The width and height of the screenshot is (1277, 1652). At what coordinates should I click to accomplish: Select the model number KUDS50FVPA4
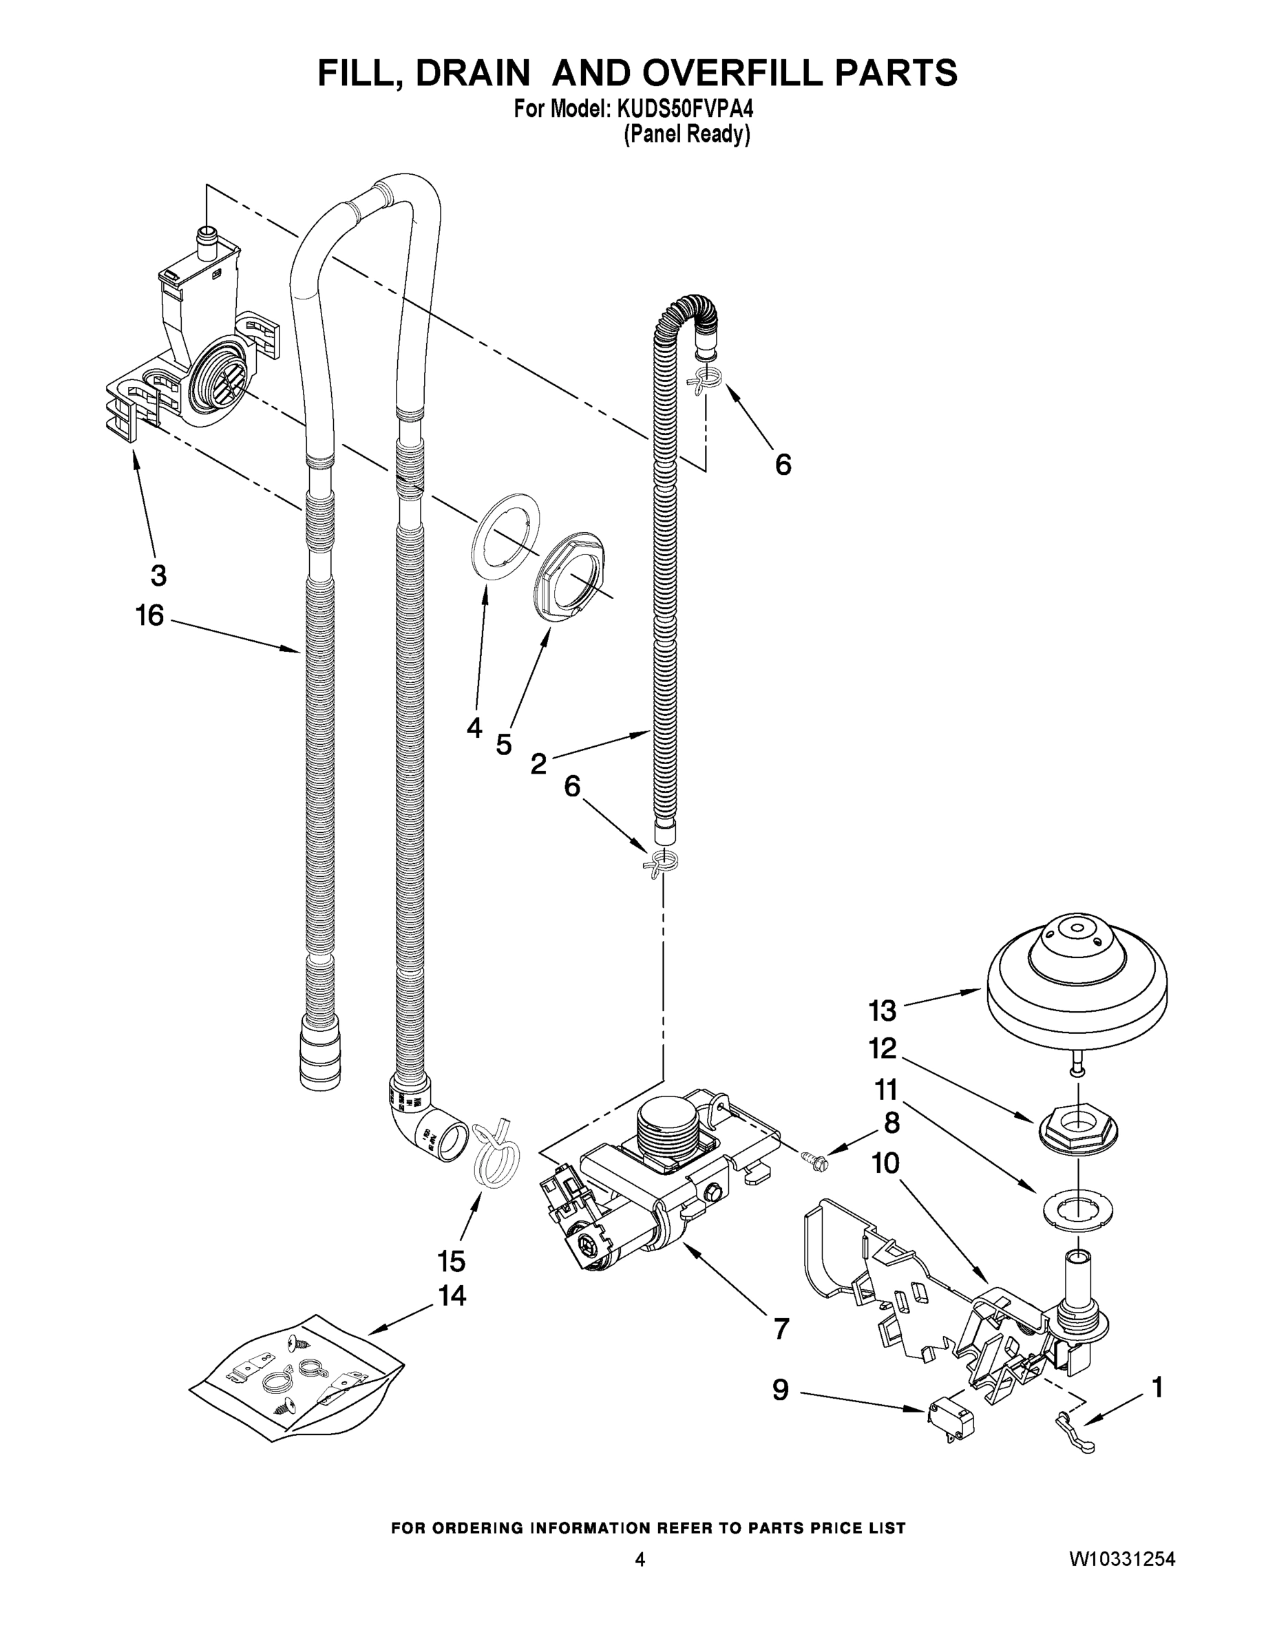pyautogui.click(x=686, y=109)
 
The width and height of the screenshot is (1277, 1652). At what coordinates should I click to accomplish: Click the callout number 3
pyautogui.click(x=158, y=575)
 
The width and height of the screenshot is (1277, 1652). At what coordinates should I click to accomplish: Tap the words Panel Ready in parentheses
pyautogui.click(x=686, y=135)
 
